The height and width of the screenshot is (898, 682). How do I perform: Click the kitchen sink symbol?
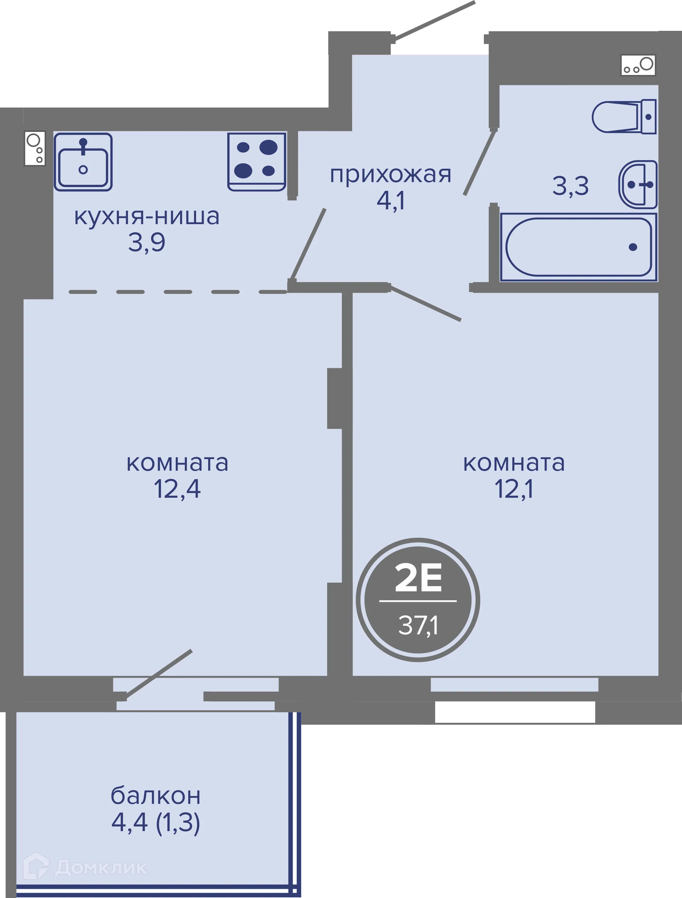pos(83,162)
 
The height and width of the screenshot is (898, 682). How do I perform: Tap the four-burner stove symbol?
pos(257,162)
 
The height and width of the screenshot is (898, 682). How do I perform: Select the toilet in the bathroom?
pos(623,117)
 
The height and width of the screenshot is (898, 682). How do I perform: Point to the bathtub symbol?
pos(578,247)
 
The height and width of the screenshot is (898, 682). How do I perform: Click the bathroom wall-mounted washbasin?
pos(638,185)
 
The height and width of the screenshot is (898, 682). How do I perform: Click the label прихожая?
pos(390,175)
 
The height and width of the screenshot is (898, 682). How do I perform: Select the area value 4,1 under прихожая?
pos(390,201)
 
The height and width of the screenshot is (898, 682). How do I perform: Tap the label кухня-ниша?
pos(147,216)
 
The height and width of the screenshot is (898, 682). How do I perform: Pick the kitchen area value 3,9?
pos(147,243)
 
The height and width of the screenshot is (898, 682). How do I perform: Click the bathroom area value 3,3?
pos(570,186)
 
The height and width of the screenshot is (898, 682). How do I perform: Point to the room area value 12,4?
pos(177,489)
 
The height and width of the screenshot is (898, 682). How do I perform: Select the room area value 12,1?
pos(514,489)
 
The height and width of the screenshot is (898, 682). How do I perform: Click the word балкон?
pos(156,796)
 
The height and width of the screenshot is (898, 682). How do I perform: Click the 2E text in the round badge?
pos(418,578)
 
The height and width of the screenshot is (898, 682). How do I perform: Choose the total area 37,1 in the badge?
pos(418,626)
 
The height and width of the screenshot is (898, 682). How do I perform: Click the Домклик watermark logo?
pos(85,867)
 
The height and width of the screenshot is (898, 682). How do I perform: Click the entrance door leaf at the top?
pos(434,21)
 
